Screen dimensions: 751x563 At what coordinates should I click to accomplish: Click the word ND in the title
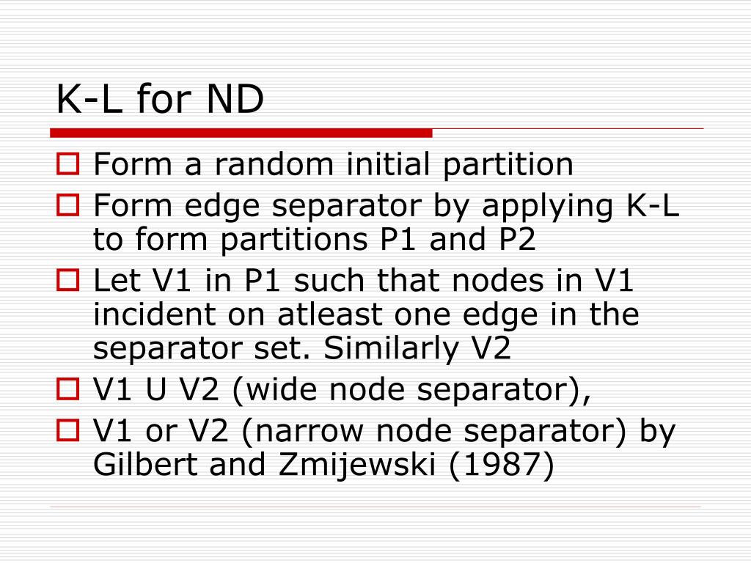(235, 99)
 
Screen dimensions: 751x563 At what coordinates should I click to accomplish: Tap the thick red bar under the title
(241, 133)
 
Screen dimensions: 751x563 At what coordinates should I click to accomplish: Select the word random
(274, 164)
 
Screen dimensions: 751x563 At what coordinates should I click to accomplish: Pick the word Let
(117, 280)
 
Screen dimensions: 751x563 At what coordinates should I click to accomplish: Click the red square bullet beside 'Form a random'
(67, 163)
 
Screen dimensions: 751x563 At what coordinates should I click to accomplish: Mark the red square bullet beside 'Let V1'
(67, 280)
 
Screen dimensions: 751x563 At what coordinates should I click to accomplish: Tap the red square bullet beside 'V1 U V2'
(67, 389)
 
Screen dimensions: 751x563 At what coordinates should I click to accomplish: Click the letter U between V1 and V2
(156, 389)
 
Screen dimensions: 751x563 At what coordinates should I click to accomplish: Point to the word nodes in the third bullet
(498, 280)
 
